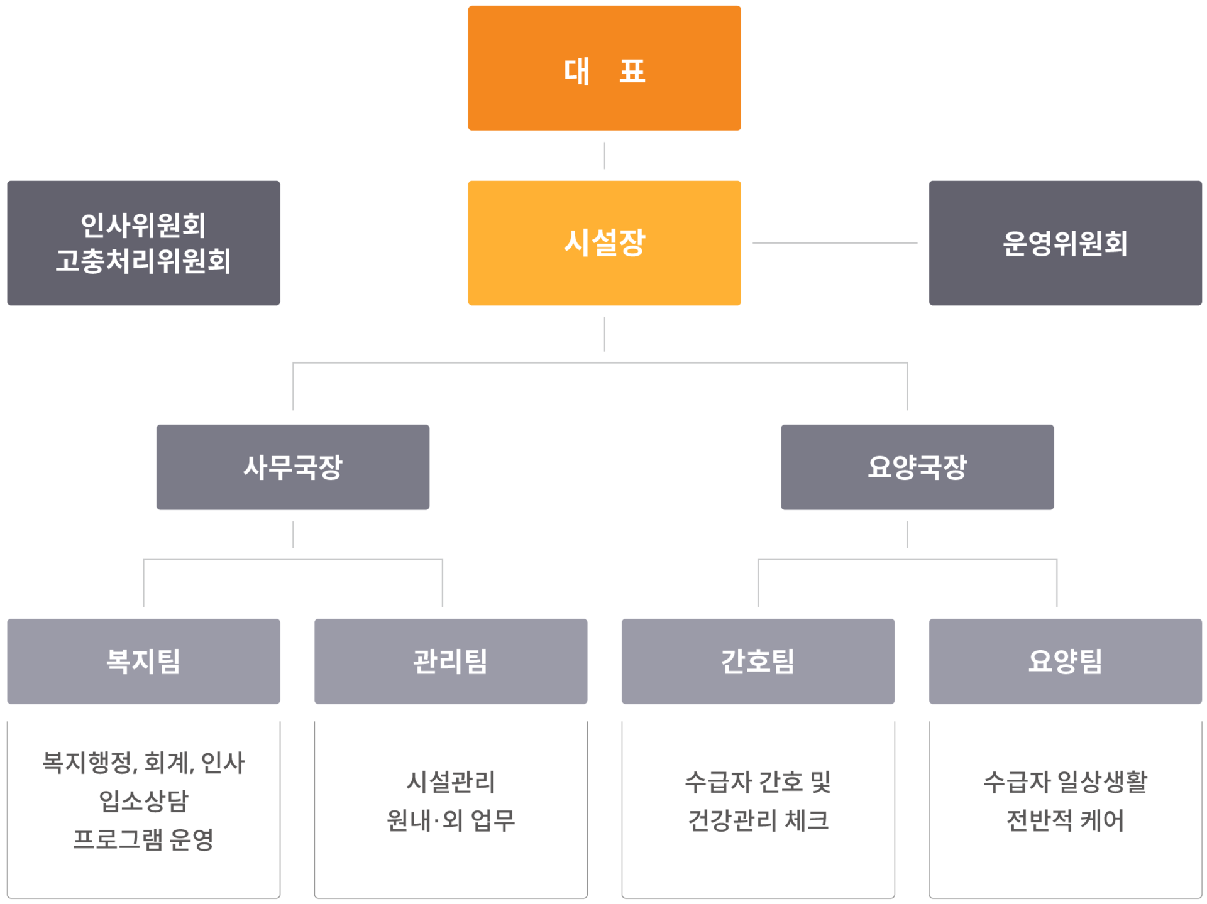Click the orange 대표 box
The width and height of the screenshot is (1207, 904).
(604, 68)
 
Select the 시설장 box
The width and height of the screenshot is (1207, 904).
(604, 243)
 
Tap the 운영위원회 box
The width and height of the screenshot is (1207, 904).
(1065, 243)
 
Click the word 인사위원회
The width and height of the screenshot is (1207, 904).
(143, 226)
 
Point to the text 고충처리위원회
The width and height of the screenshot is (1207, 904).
(143, 261)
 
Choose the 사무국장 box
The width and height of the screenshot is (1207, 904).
(293, 467)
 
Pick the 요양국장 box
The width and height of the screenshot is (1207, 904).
(917, 467)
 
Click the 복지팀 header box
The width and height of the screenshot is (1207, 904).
(143, 661)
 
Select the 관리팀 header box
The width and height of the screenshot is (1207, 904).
(451, 661)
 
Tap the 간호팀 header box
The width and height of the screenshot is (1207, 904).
(758, 661)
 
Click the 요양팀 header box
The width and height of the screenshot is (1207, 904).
(1065, 661)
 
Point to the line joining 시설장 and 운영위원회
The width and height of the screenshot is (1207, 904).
(835, 242)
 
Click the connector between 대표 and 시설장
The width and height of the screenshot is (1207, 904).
(604, 156)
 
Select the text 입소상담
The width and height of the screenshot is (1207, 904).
(143, 800)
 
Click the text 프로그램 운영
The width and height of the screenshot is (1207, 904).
(143, 839)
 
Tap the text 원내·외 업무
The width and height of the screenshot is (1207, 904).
(451, 820)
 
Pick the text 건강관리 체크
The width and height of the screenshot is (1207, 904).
(758, 820)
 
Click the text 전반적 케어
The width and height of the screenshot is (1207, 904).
(1065, 820)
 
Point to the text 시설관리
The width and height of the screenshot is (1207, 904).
(451, 781)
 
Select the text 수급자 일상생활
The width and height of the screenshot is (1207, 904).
(1065, 781)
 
